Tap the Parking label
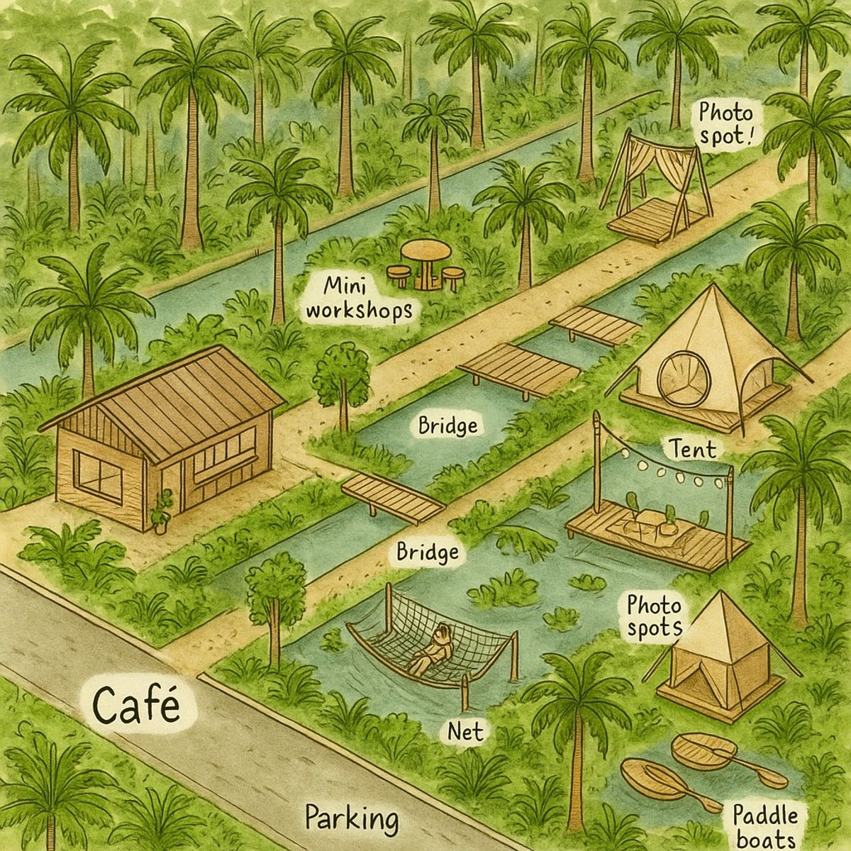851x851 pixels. click(352, 819)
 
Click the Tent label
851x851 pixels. click(692, 449)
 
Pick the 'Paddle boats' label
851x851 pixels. click(764, 825)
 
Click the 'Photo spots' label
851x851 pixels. click(654, 616)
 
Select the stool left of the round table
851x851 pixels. click(399, 275)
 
